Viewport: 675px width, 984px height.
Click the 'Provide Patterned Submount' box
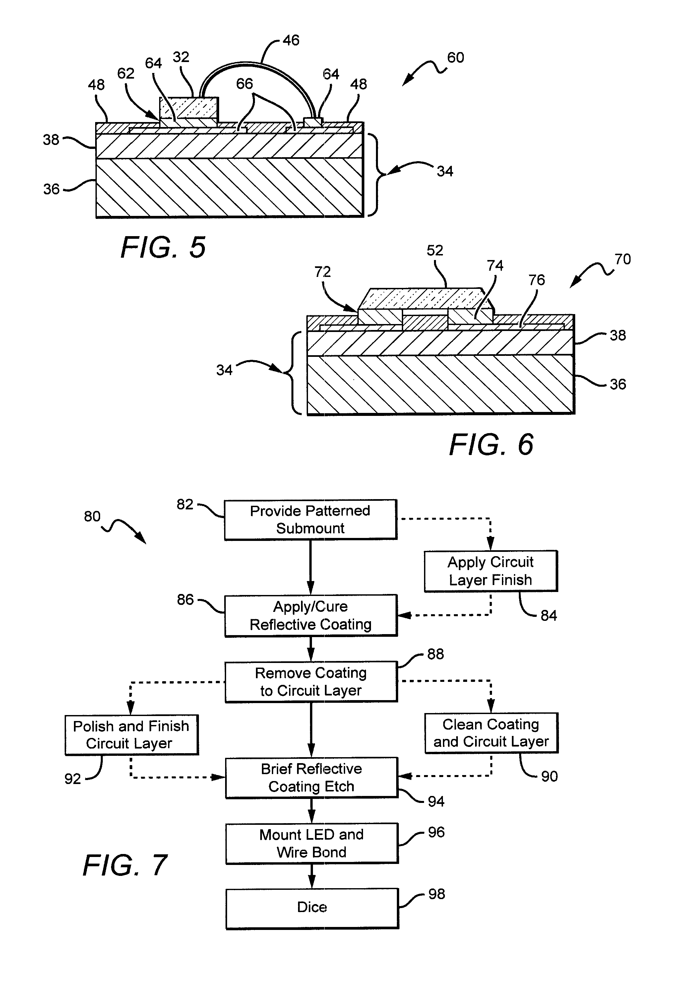click(x=310, y=519)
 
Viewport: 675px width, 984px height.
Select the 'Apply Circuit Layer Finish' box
click(x=490, y=571)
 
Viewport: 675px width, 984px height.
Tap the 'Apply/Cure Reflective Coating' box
click(x=311, y=615)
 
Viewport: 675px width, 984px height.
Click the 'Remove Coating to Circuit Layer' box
click(x=311, y=681)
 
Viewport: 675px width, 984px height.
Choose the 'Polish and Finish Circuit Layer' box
click(x=131, y=735)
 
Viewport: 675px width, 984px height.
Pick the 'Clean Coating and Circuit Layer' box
click(x=491, y=733)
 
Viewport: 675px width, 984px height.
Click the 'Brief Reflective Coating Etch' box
click(x=311, y=777)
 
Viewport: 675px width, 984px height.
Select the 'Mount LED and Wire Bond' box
click(x=311, y=843)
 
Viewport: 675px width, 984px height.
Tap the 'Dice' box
click(x=312, y=907)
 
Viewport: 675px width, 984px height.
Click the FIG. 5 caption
click(x=163, y=247)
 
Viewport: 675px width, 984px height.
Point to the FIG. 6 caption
click(x=491, y=445)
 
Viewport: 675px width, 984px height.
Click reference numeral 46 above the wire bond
click(x=291, y=41)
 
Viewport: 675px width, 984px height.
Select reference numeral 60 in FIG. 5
click(x=456, y=58)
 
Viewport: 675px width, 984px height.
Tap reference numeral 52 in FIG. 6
click(x=435, y=251)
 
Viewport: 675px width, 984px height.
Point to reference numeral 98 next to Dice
click(x=436, y=894)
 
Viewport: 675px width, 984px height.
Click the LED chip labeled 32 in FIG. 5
click(x=189, y=108)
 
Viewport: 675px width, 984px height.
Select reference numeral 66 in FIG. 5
click(x=244, y=84)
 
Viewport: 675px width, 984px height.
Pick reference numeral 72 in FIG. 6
click(x=323, y=272)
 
